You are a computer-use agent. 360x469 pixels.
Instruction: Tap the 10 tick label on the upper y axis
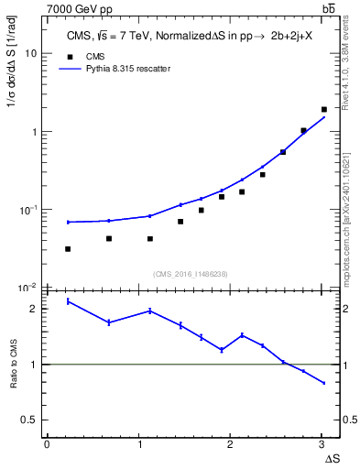coord(30,53)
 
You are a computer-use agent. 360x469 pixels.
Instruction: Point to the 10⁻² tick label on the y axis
coord(28,288)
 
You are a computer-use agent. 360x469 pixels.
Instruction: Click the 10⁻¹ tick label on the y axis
coord(28,210)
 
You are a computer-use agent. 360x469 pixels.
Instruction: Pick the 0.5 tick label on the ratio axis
coord(30,420)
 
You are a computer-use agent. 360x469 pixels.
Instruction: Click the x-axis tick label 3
coord(322,444)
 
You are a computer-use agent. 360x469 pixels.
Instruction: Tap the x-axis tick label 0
coord(47,444)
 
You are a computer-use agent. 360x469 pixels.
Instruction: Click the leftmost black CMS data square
coord(68,249)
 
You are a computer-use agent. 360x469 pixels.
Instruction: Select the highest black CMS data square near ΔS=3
coord(324,110)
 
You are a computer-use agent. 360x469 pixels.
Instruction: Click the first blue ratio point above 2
coord(68,301)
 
